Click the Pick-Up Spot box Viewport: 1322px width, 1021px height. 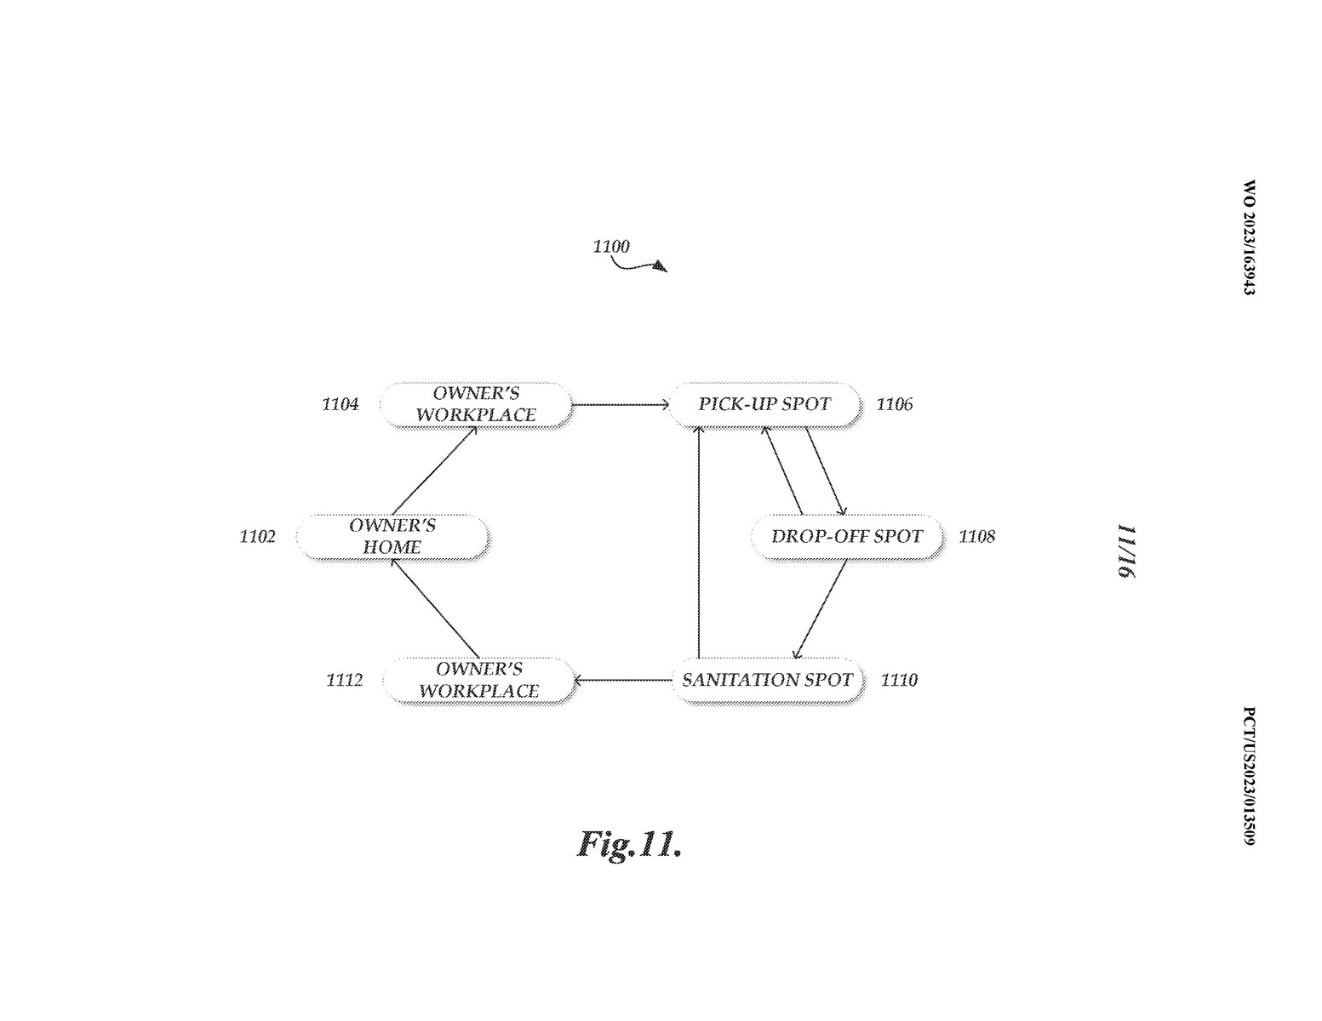[x=765, y=404]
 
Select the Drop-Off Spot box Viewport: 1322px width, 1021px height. [x=848, y=536]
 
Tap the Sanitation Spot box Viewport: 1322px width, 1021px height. [x=768, y=680]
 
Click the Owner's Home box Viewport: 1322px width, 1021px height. [x=393, y=536]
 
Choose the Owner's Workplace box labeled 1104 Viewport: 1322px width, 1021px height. [x=477, y=404]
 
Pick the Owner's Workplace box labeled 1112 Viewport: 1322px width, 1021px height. [x=479, y=680]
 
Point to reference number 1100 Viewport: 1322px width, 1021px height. [x=611, y=246]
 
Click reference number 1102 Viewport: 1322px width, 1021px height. [x=257, y=536]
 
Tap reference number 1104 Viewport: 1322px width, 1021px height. [x=341, y=404]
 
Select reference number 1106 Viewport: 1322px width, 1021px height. [x=895, y=404]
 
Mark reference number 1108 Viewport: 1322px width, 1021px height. [x=977, y=536]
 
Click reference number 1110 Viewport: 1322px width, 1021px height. [x=899, y=680]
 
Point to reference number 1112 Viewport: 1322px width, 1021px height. [x=345, y=680]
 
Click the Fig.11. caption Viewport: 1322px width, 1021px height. [x=629, y=845]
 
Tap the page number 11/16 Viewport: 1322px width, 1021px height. [x=1127, y=551]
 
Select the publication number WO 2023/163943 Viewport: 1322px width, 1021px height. [x=1249, y=237]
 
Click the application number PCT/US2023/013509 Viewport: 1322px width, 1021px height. [x=1249, y=775]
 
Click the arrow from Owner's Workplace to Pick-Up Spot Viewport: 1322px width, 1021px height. [x=621, y=404]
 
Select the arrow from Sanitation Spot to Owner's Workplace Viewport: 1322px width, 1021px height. [x=624, y=681]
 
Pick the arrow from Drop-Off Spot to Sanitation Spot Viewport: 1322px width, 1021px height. [x=820, y=608]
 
